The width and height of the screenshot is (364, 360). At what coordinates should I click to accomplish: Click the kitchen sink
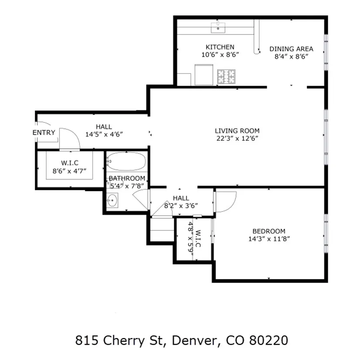pos(218,27)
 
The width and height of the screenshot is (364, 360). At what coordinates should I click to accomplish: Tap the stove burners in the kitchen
pos(226,77)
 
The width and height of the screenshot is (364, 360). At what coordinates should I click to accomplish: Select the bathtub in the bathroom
pos(127,161)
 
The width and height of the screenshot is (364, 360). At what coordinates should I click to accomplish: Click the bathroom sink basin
pos(112,200)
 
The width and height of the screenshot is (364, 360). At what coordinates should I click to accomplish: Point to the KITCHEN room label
pos(220,47)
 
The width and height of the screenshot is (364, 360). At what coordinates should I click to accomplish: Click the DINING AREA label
pos(291,49)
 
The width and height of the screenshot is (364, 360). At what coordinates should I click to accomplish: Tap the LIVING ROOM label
pos(237,131)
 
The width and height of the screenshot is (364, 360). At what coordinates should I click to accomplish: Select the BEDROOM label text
pos(269,231)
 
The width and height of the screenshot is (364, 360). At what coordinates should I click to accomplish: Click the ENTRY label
pos(44,132)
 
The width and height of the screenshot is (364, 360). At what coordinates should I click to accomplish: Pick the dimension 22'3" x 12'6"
pos(237,138)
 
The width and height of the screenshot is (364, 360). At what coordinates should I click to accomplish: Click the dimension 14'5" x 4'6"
pos(104,135)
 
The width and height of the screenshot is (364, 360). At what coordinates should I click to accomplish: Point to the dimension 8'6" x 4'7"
pos(69,171)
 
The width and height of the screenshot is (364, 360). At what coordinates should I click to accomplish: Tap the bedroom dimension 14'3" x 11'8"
pos(269,239)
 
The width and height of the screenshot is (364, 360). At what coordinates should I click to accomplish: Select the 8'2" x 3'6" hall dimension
pos(181,205)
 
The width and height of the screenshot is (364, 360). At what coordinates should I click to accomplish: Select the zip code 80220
pos(269,340)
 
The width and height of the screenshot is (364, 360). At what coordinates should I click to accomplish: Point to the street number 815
pos(87,340)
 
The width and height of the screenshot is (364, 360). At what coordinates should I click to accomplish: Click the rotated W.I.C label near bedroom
pos(198,239)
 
